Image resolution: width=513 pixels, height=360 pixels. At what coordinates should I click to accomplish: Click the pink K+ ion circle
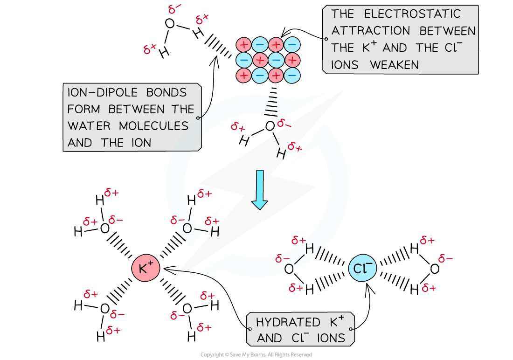146,268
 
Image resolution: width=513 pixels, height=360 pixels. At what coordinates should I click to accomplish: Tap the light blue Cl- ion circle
362,268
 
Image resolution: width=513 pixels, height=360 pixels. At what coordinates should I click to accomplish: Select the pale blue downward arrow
259,189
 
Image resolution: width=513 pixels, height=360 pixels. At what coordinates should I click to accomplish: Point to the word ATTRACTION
371,31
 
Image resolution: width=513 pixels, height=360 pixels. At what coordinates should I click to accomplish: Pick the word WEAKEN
394,65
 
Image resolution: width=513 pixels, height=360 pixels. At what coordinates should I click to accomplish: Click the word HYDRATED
288,322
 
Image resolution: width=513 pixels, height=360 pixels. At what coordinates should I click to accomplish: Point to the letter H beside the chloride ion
310,249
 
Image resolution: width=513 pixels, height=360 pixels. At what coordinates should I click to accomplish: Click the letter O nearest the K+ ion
187,228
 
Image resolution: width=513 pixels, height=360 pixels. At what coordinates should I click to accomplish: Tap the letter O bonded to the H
289,268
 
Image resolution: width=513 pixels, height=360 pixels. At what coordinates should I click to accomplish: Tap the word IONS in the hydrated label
330,338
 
